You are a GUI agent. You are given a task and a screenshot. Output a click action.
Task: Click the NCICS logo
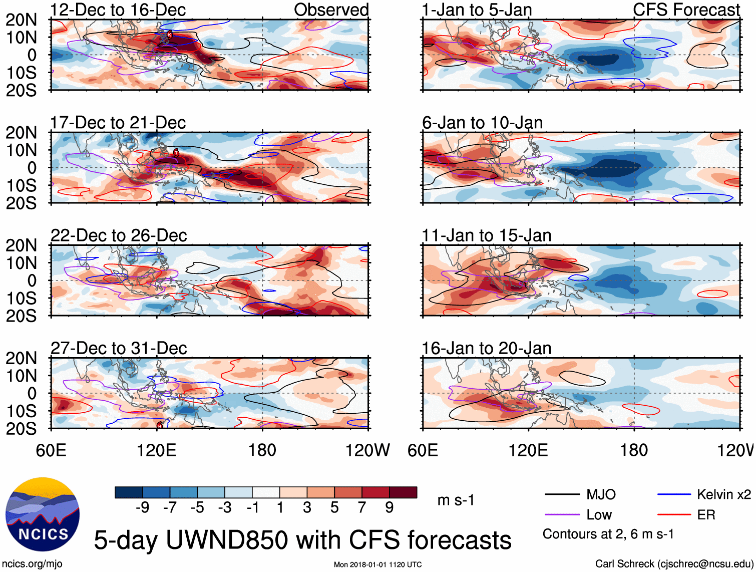(x=43, y=514)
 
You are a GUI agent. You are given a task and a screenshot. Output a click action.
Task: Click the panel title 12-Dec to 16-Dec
(x=118, y=10)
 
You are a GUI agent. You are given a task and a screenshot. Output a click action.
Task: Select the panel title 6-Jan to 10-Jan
(x=482, y=123)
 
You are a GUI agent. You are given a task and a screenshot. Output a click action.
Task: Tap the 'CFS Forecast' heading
(x=686, y=10)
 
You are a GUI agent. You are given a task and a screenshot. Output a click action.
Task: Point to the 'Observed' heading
(x=331, y=10)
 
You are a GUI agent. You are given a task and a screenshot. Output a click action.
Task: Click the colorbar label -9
(x=143, y=508)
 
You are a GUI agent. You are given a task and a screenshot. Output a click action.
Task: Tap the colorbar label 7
(x=362, y=508)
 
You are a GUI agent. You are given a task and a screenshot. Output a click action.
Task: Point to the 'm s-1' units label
(x=456, y=500)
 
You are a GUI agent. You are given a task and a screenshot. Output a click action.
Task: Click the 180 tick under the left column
(x=262, y=450)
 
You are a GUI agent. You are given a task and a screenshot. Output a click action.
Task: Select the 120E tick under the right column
(x=528, y=450)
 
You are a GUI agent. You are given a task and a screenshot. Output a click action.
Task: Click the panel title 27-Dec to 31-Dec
(x=119, y=349)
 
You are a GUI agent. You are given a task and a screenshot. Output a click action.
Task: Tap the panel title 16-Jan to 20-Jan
(x=486, y=349)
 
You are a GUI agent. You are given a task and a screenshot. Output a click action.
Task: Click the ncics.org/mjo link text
(x=32, y=564)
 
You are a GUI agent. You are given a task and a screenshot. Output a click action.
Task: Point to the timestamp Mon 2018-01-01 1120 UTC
(x=377, y=564)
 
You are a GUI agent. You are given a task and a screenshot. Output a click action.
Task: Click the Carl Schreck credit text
(x=674, y=564)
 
